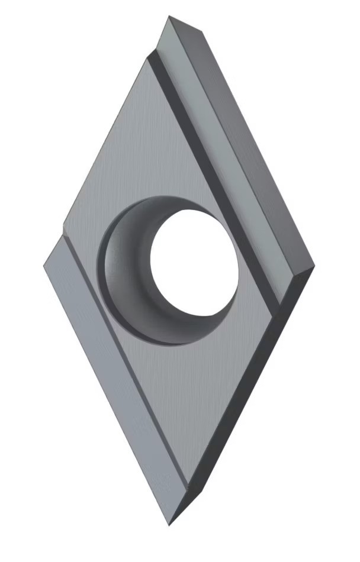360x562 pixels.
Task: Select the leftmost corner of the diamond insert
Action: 44,266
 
